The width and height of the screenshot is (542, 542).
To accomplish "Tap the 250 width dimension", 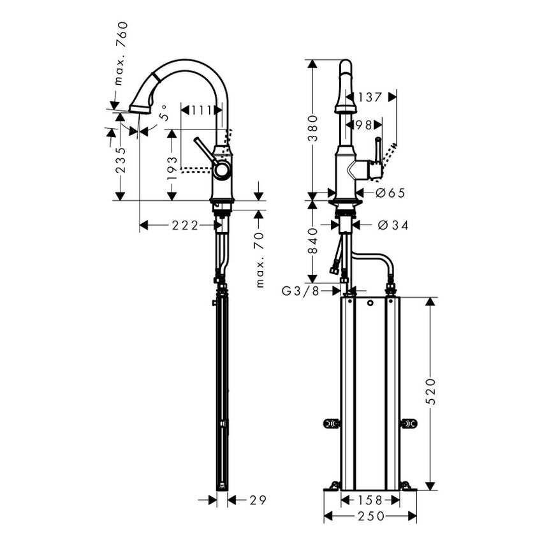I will point(370,516).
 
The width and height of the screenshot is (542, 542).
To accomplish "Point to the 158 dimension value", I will point(370,501).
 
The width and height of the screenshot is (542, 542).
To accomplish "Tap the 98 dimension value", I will point(363,125).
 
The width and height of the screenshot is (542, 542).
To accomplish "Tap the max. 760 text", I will point(121,54).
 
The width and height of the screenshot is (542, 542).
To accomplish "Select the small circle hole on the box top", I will point(370,304).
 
